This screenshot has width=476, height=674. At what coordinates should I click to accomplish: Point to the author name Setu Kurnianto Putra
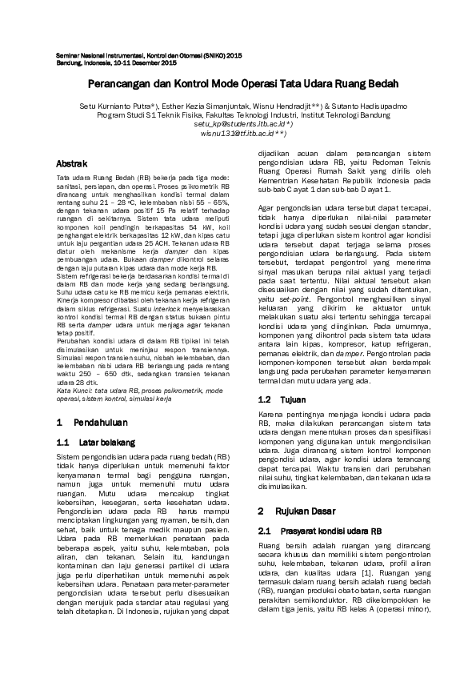click(x=118, y=105)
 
